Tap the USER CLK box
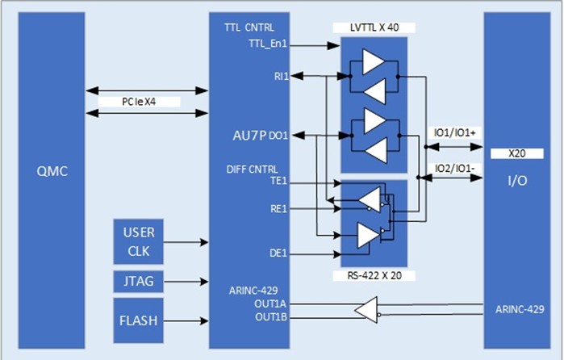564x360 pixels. coord(138,241)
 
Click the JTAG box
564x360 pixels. coord(138,282)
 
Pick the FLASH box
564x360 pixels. coord(138,320)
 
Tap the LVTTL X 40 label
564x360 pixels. coord(373,27)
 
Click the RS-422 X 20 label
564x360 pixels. coord(373,276)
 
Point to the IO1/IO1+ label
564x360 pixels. coord(453,132)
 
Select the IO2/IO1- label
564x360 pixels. coord(453,167)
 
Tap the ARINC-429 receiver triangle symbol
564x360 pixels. coord(367,310)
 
